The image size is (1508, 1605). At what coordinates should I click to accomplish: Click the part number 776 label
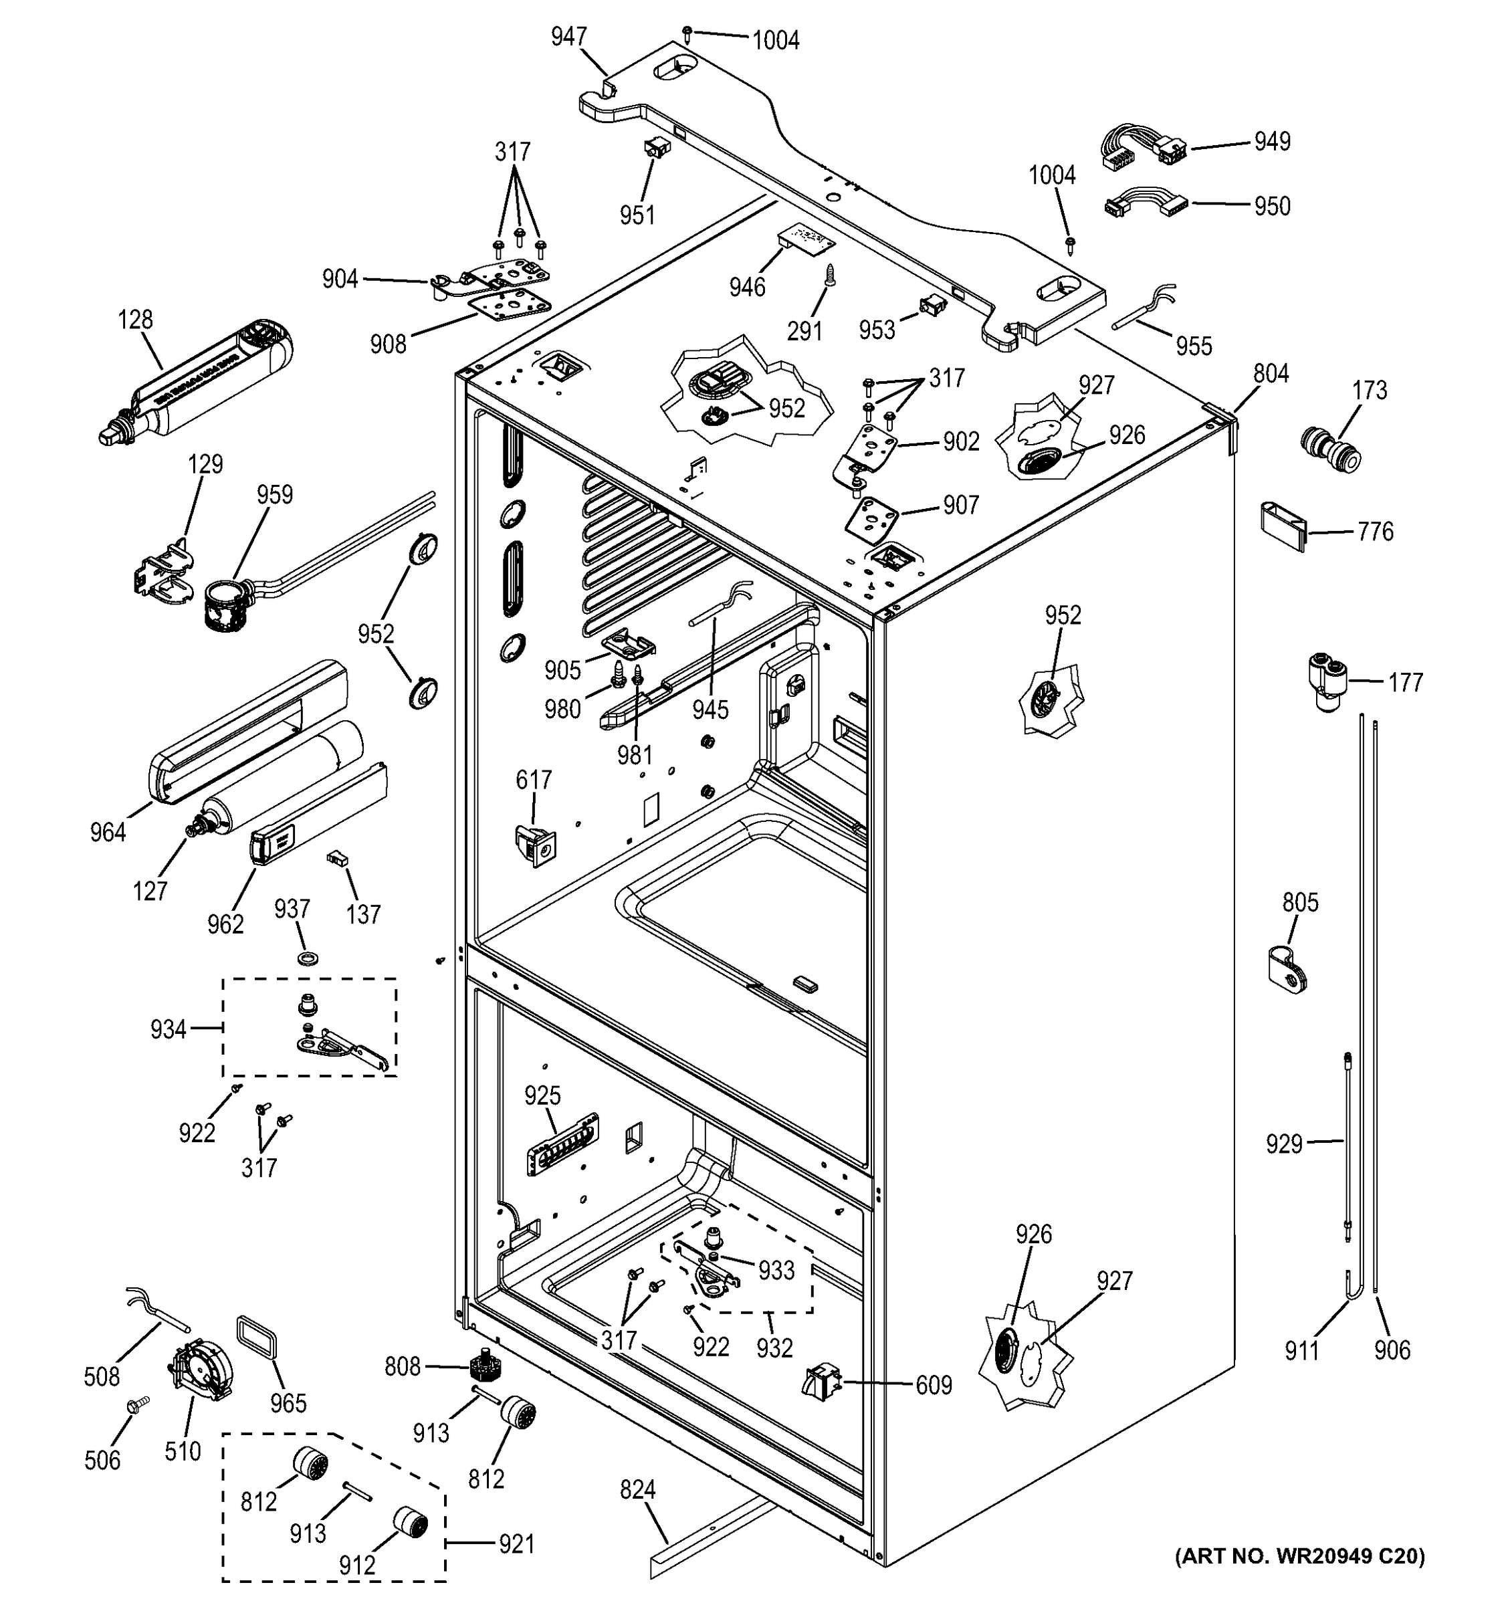coord(1375,532)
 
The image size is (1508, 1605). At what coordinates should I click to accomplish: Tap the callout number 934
coord(168,1029)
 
